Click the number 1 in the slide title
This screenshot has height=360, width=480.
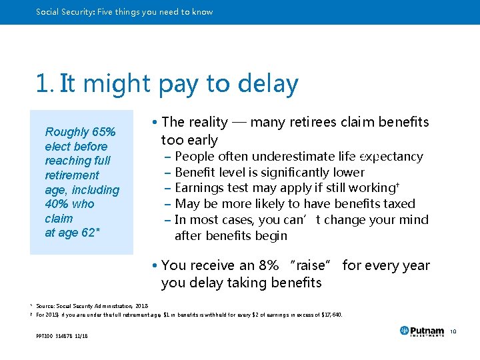(43, 84)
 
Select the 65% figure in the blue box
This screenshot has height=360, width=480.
(103, 132)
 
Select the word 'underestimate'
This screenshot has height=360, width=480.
(293, 157)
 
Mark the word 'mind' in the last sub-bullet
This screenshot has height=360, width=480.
(415, 220)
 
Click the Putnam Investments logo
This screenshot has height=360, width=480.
(421, 331)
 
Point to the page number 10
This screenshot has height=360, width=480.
(452, 331)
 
